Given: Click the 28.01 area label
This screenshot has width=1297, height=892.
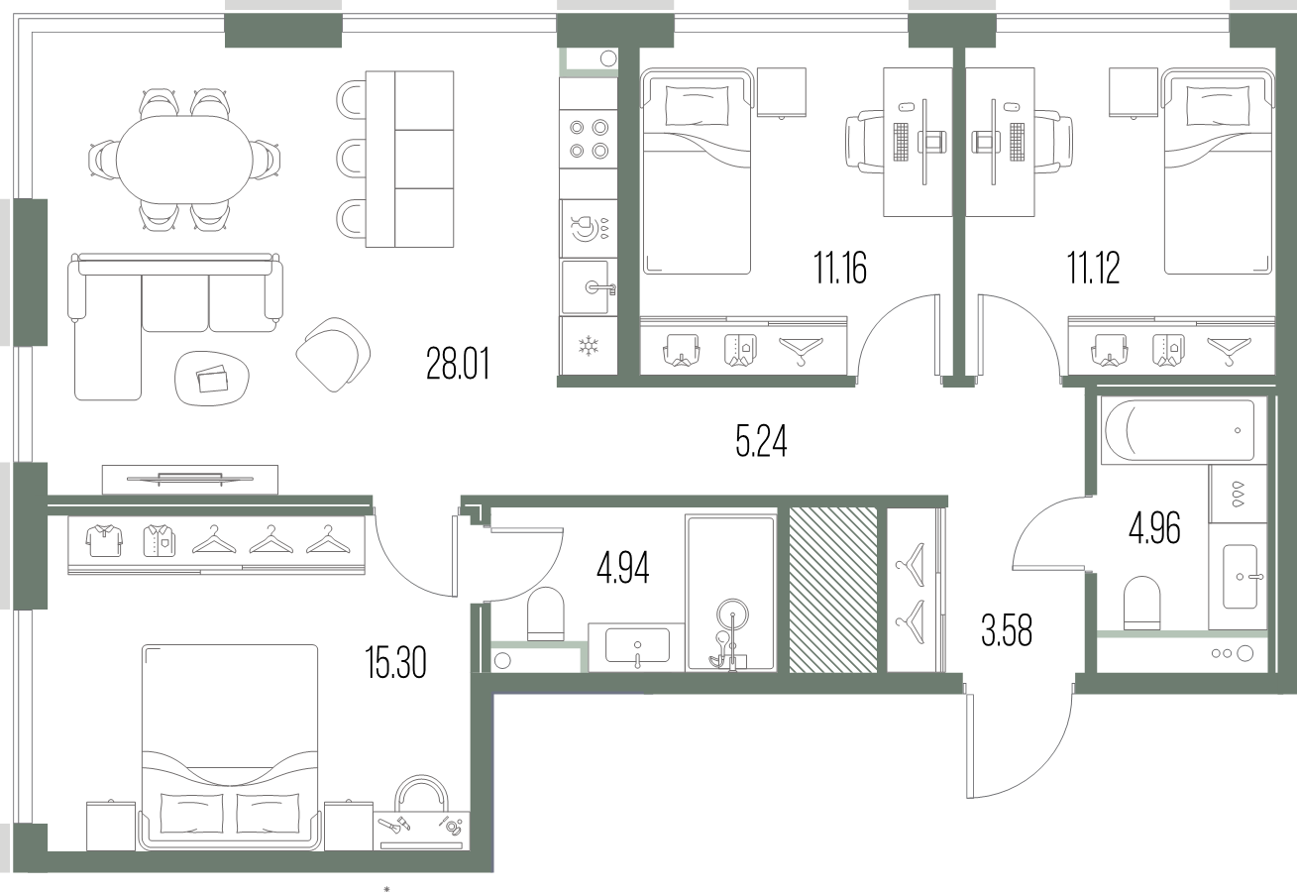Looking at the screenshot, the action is pyautogui.click(x=458, y=363).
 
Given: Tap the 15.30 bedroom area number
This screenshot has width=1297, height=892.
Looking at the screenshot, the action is pyautogui.click(x=396, y=662).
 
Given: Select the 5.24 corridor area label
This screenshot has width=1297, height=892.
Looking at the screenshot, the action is pyautogui.click(x=761, y=441).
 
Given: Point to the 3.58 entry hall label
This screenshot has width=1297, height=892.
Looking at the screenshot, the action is pyautogui.click(x=1007, y=630).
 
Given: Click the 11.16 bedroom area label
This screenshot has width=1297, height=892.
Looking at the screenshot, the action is pyautogui.click(x=840, y=268).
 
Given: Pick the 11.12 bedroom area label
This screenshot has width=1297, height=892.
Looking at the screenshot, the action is pyautogui.click(x=1093, y=268).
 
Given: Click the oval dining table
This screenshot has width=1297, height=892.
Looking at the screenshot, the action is pyautogui.click(x=184, y=160).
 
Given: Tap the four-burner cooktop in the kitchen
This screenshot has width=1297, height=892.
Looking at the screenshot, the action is pyautogui.click(x=589, y=139).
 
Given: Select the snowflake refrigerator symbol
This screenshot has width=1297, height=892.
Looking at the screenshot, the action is pyautogui.click(x=589, y=346).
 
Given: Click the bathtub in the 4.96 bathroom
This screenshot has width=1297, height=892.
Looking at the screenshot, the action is pyautogui.click(x=1179, y=430).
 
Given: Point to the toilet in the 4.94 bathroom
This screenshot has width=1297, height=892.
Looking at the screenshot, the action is pyautogui.click(x=545, y=613).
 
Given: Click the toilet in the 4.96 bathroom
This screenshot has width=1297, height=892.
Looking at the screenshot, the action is pyautogui.click(x=1141, y=603).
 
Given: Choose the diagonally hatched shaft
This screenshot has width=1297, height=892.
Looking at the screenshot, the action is pyautogui.click(x=833, y=590).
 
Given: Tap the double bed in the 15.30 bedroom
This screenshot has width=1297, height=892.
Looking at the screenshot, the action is pyautogui.click(x=230, y=747).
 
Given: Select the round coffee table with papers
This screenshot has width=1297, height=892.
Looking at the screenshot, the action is pyautogui.click(x=212, y=378).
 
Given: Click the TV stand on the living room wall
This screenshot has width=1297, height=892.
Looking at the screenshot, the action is pyautogui.click(x=190, y=479).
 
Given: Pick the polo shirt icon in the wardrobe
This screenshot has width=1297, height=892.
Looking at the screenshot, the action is pyautogui.click(x=104, y=540).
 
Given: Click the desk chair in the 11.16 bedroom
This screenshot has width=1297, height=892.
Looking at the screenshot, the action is pyautogui.click(x=864, y=142).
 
